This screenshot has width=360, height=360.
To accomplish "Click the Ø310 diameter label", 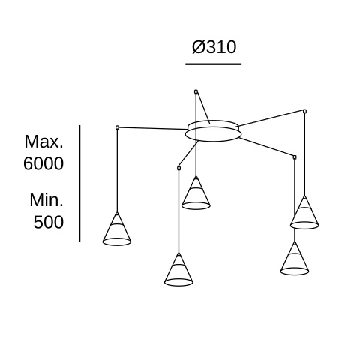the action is [214, 46].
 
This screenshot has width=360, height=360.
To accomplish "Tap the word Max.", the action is [44, 142].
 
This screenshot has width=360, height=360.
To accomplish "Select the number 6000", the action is [43, 163].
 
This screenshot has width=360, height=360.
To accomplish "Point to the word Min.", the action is [46, 200].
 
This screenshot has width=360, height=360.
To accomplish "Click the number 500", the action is [49, 222].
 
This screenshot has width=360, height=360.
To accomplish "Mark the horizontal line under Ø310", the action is [213, 64].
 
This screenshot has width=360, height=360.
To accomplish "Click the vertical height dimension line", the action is [80, 183].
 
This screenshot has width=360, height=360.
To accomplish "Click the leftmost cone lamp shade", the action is [117, 229].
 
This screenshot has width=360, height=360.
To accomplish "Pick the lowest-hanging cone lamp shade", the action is [178, 269].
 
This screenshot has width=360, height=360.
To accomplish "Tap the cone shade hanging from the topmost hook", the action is [196, 193].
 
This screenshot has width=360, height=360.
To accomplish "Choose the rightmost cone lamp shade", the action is [304, 212].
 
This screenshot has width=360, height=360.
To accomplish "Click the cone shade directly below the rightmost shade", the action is [295, 259].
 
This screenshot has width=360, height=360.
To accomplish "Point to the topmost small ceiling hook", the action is [196, 91].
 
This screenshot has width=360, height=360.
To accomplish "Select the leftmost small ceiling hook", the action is [117, 127].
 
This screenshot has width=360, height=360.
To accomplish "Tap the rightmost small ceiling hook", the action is [304, 111].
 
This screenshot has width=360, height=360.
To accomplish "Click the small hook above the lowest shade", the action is [178, 168].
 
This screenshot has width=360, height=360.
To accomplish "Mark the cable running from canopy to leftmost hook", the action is [152, 128].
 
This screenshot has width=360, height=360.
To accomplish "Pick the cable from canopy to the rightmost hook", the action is [270, 118].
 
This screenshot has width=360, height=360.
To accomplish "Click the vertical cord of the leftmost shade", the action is [117, 171].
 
